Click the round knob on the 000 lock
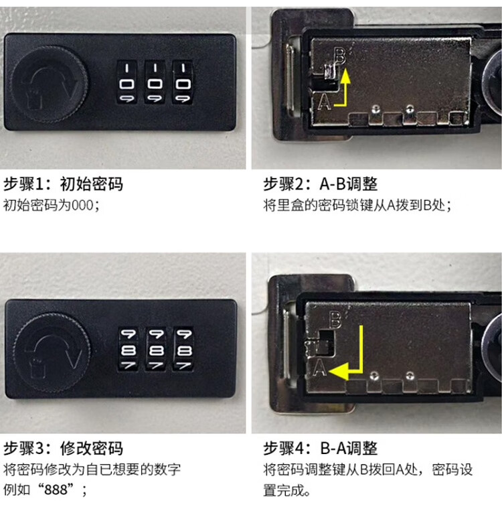[50, 84]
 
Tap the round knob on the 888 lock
[52, 352]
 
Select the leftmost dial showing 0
[127, 83]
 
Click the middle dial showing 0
[155, 83]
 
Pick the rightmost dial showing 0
[183, 83]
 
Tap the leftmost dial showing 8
[129, 349]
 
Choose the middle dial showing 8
[157, 349]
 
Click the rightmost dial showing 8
[184, 349]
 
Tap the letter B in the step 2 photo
[339, 56]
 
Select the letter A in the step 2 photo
[325, 101]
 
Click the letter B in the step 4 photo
[335, 319]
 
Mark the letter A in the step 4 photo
[320, 368]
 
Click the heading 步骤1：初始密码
[63, 183]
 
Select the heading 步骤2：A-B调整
[321, 183]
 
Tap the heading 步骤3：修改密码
[63, 448]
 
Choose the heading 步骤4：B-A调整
[321, 448]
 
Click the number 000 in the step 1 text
[83, 206]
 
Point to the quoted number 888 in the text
[56, 490]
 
